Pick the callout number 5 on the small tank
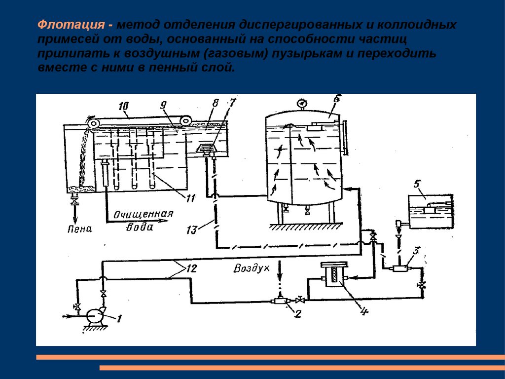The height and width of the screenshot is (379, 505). (x=417, y=185)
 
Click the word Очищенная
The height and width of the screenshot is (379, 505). (x=144, y=215)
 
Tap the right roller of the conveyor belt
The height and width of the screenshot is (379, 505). (x=185, y=119)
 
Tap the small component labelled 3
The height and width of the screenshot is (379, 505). (x=399, y=268)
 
